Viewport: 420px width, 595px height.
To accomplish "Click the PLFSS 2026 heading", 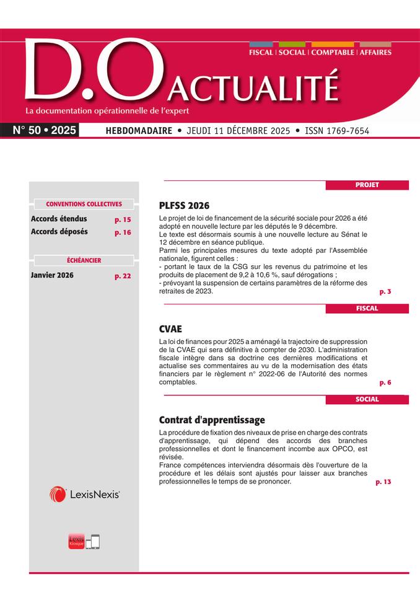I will point(185,206).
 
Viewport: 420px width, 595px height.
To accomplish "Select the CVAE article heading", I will point(171,329).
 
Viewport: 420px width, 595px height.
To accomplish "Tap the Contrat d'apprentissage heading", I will point(212,420).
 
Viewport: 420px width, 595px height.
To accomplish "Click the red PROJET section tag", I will point(367,185).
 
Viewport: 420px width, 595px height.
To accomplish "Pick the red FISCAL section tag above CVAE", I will point(367,308).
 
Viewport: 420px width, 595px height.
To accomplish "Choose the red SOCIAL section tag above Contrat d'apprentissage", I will point(367,399).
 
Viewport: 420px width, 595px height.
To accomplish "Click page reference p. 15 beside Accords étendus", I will point(123,219).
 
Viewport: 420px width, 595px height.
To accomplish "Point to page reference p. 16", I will point(123,232).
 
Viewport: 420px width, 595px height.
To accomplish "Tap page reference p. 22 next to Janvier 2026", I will point(123,276).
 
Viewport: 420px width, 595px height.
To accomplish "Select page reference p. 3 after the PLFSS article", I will point(385,291).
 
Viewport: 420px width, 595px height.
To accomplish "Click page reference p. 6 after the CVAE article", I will point(385,382).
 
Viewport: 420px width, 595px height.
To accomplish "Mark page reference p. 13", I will point(383,482).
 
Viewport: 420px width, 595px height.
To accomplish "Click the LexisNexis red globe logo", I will point(58,494).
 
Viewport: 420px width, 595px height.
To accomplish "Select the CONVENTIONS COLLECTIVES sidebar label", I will point(84,204).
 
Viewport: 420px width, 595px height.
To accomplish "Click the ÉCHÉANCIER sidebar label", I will point(84,260).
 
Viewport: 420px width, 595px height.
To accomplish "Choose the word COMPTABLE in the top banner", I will point(333,53).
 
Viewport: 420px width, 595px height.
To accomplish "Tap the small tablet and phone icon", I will point(92,541).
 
